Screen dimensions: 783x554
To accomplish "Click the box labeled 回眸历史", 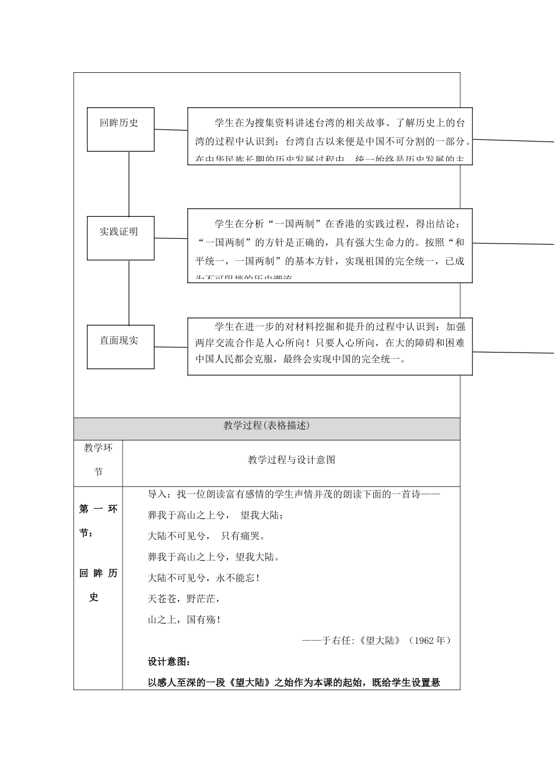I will pos(121,129).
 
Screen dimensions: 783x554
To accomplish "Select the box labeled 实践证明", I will pos(121,238).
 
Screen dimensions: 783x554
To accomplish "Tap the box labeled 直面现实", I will pos(121,347).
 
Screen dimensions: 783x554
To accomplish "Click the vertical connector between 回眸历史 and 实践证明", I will pos(129,184).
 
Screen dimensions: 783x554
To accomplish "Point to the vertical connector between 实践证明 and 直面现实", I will pos(129,292).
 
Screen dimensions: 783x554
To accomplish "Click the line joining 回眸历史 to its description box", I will pos(171,130).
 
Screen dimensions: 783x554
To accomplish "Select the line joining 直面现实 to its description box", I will pos(171,347).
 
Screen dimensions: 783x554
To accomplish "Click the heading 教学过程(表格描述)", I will pos(267,426).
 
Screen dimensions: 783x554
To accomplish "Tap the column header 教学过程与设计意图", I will pos(292,460).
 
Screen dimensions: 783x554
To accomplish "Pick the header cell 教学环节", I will pos(98,460).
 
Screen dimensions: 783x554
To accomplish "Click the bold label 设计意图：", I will pos(169,662).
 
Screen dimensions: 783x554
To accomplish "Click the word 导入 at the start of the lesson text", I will pos(157,495).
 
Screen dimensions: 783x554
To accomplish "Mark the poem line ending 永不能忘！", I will pos(204,578).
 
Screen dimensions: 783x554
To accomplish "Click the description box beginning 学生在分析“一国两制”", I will pos(330,245).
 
